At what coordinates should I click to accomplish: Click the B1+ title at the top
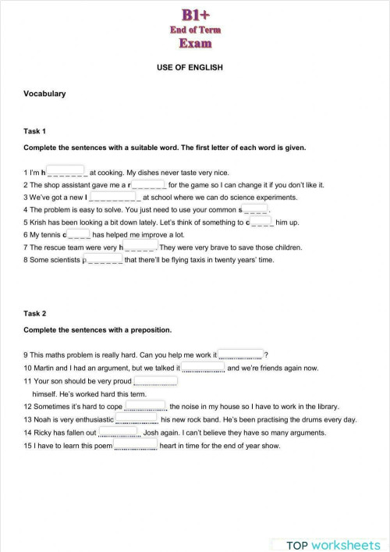tap(195, 15)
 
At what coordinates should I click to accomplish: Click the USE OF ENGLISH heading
tap(190, 68)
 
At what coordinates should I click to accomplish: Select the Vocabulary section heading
tap(44, 94)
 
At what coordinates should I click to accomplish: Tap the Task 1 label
tap(35, 131)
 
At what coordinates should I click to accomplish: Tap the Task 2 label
tap(35, 313)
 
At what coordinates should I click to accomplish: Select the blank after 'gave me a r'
tap(148, 185)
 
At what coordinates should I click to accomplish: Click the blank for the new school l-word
tap(115, 198)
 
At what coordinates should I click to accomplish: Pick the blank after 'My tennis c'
tap(80, 233)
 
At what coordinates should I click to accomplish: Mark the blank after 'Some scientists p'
tap(105, 259)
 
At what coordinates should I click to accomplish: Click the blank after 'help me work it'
tap(240, 355)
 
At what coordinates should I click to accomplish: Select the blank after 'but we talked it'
tap(204, 367)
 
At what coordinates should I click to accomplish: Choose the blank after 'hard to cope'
tap(146, 406)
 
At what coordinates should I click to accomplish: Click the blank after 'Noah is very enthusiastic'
tap(136, 419)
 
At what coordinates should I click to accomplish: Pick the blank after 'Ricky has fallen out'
tap(119, 432)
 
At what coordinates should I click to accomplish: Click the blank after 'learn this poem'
tap(136, 445)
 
